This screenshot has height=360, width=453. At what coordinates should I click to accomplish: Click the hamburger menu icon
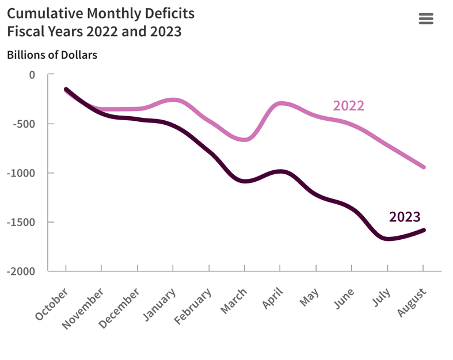point(426,19)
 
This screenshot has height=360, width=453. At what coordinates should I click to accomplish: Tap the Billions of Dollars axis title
point(52,55)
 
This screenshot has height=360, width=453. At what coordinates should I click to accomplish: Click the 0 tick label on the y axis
point(32,75)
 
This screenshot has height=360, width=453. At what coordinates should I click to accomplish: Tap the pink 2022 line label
point(348,106)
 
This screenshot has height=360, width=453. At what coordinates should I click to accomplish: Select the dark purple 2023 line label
point(405,217)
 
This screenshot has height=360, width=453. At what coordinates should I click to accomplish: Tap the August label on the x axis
point(412,302)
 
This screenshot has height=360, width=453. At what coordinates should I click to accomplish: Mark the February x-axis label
point(193,307)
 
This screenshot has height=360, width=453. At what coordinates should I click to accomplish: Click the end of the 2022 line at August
point(424,167)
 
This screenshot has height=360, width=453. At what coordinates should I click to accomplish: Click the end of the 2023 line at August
point(424,230)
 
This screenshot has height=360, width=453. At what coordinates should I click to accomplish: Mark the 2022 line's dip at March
point(245,140)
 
